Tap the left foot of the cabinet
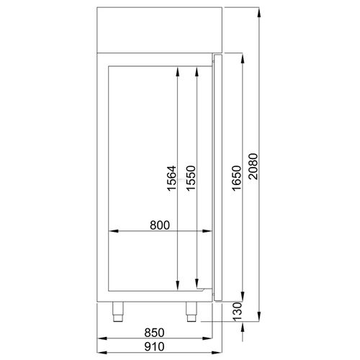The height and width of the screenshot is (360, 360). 118,311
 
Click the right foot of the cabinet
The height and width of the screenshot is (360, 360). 192,311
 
